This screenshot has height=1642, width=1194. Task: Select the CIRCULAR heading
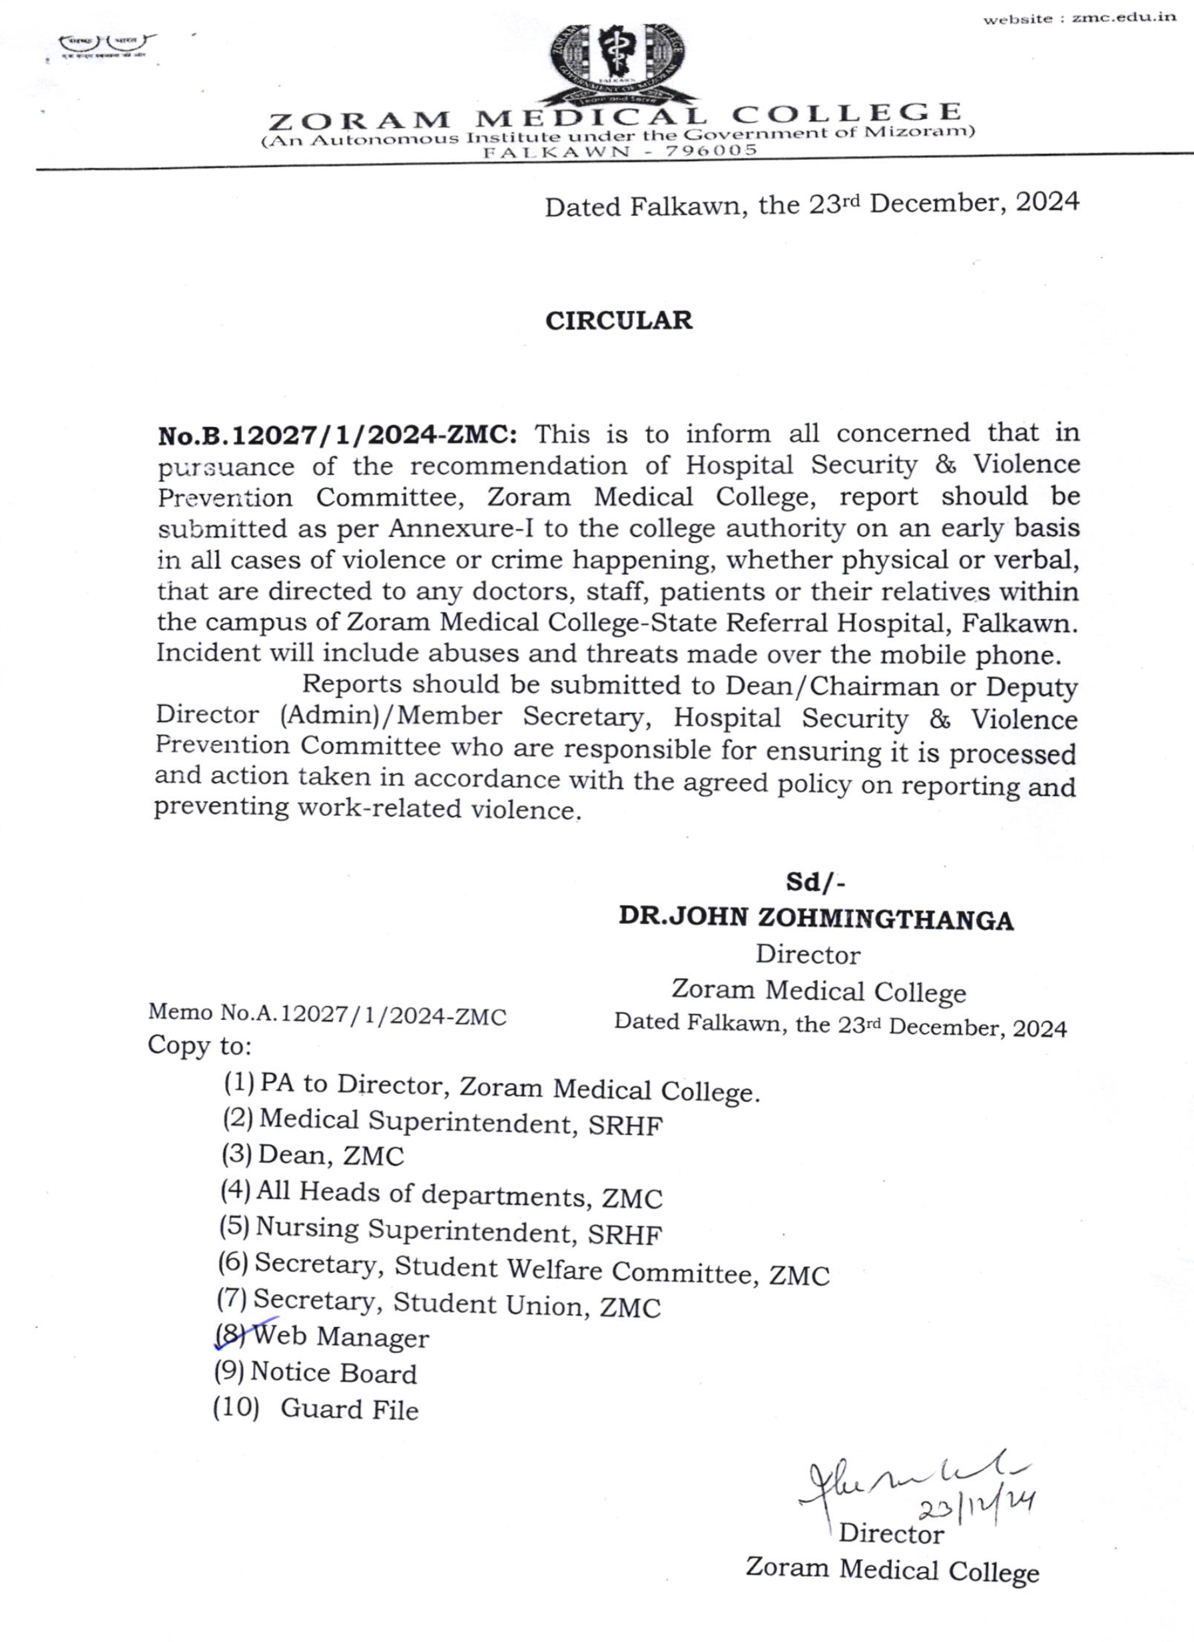point(619,320)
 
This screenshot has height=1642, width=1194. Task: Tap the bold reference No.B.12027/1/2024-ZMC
point(337,436)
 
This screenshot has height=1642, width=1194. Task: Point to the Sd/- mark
point(816,883)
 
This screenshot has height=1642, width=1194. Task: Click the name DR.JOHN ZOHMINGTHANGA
point(816,919)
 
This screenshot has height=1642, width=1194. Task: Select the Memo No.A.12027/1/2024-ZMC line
point(327,1015)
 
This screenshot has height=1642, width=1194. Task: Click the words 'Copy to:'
point(200,1045)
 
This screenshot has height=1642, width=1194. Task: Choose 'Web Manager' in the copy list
point(342,1336)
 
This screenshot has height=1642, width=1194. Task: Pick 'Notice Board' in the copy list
point(334,1373)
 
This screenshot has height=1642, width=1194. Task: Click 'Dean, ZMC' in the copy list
point(331,1156)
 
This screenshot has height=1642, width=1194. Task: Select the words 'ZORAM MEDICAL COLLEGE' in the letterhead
point(615,116)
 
